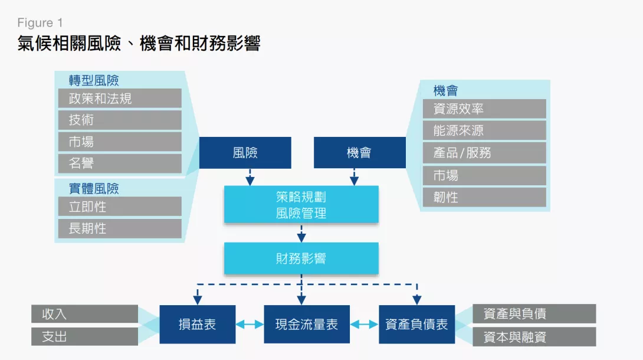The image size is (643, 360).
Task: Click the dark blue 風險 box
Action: coord(245,153)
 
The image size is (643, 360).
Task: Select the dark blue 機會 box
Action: coord(360,153)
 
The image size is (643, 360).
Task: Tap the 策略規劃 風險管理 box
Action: coord(301,205)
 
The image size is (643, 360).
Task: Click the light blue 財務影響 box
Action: coord(301,258)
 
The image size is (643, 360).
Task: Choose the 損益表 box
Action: coord(197,325)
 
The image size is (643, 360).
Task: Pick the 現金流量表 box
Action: coord(307,325)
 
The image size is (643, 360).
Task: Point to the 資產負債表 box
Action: coord(416,325)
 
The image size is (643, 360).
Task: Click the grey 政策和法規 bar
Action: coord(120,99)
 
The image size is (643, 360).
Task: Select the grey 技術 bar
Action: coord(120,120)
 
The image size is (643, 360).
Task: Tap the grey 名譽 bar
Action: coord(120,163)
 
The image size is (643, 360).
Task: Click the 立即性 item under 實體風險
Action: coord(120,207)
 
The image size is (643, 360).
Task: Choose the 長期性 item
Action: coord(120,228)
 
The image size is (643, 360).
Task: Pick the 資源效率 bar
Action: coord(484,109)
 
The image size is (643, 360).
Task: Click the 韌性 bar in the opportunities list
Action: coord(484,197)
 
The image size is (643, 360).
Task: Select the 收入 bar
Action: coord(84,314)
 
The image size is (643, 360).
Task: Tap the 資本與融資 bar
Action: coord(534,337)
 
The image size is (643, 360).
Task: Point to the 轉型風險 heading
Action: coord(94,80)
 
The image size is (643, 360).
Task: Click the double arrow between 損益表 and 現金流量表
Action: coord(250,325)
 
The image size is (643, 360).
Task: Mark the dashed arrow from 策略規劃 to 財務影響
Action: coord(301,233)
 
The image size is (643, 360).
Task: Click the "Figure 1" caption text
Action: coord(40,22)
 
